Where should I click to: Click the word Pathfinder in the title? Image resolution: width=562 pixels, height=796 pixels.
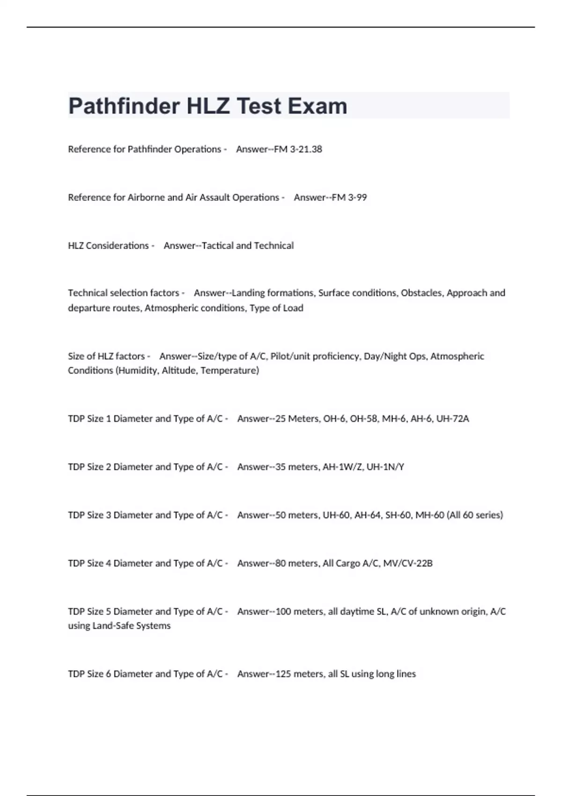(x=124, y=106)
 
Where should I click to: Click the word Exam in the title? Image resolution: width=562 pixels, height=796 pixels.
(x=318, y=106)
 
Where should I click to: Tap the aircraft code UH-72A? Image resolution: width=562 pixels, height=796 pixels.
(x=452, y=419)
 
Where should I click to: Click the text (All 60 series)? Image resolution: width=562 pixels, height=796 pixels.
(x=475, y=515)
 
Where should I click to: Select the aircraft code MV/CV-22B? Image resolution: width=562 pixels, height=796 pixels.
(x=407, y=563)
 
